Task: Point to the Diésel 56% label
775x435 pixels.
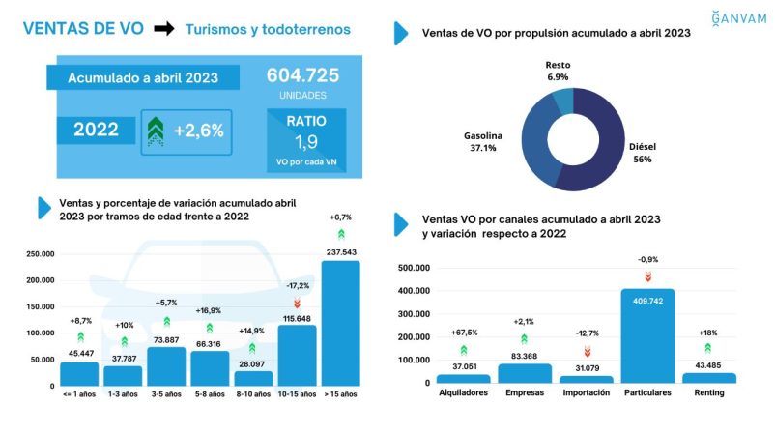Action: coord(642,153)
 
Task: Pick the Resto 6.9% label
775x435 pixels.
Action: coord(560,70)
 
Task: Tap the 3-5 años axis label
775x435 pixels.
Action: coord(166,394)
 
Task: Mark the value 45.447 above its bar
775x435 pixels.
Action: coord(79,354)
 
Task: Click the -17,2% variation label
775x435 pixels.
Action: coord(297,286)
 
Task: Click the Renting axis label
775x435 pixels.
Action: coord(709,393)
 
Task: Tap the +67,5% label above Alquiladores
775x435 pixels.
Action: coord(463,333)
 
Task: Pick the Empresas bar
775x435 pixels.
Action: coord(525,373)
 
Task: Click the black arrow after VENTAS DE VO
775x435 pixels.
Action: coord(164,29)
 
